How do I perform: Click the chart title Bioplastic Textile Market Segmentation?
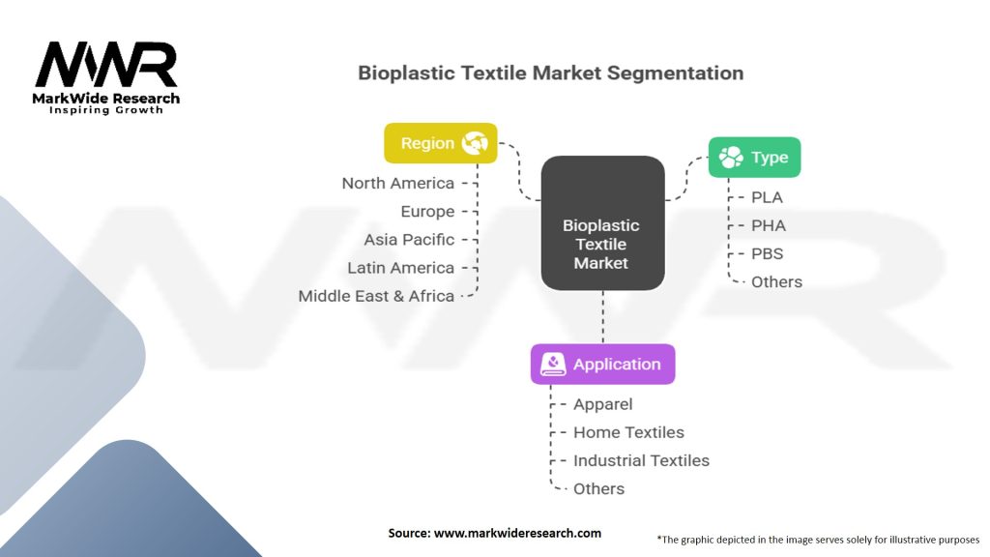pos(550,73)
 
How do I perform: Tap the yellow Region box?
pos(441,143)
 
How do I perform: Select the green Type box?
pos(754,157)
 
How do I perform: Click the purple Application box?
pos(602,365)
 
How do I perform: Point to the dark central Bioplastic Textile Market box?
pos(601,223)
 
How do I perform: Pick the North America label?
pos(397,183)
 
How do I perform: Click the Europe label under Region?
pos(427,211)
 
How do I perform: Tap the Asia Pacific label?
pos(409,239)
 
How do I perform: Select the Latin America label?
pos(400,268)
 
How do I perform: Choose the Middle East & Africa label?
pos(376,296)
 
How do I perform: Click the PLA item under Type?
pos(767,197)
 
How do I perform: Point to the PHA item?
pos(768,225)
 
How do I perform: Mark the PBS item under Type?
pos(767,253)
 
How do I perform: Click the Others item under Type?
pos(776,281)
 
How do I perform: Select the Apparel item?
pos(602,404)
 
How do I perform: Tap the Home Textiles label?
pos(628,432)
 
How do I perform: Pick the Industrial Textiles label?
pos(641,460)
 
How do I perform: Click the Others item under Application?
pos(598,488)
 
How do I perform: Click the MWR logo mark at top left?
pos(106,66)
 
